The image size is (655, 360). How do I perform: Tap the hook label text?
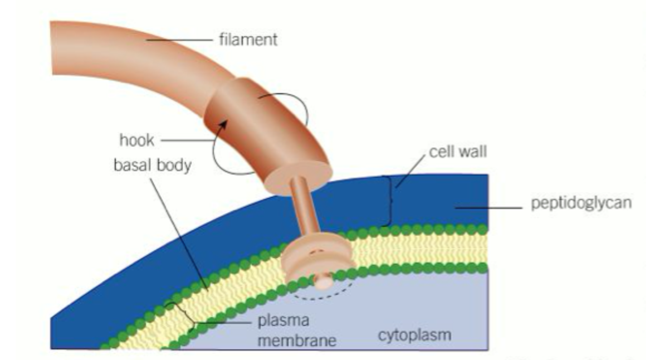pyautogui.click(x=136, y=139)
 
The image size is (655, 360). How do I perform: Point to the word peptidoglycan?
pyautogui.click(x=581, y=203)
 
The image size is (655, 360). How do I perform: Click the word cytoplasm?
pyautogui.click(x=414, y=335)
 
